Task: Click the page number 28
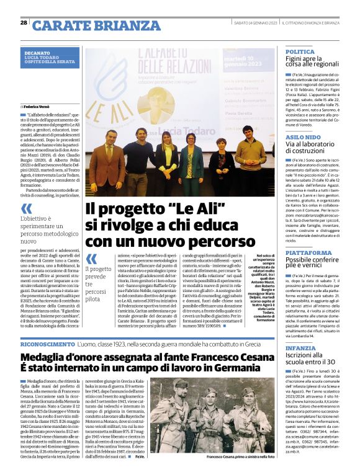tap(24, 23)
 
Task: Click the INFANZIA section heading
tap(300, 348)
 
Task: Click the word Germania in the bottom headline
tap(239, 370)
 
